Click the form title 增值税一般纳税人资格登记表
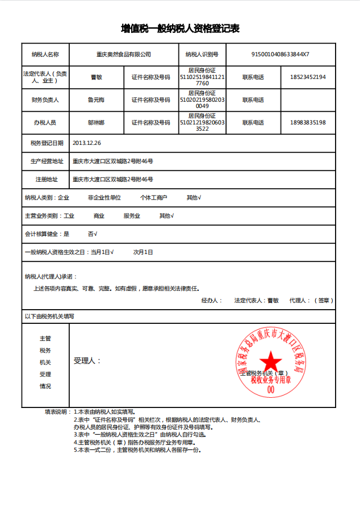pos(180,28)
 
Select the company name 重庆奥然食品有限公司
pos(124,55)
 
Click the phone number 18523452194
pos(307,77)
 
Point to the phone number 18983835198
pos(307,122)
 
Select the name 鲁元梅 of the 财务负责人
pos(96,99)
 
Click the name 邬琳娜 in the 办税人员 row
pos(96,122)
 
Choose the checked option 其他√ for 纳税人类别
pos(194,198)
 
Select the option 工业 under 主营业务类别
pos(69,216)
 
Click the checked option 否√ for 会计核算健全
pos(93,234)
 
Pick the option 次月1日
pos(143,252)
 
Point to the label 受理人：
pos(87,361)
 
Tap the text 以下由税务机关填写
pos(49,316)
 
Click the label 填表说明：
pos(57,411)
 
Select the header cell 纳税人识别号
pos(202,55)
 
